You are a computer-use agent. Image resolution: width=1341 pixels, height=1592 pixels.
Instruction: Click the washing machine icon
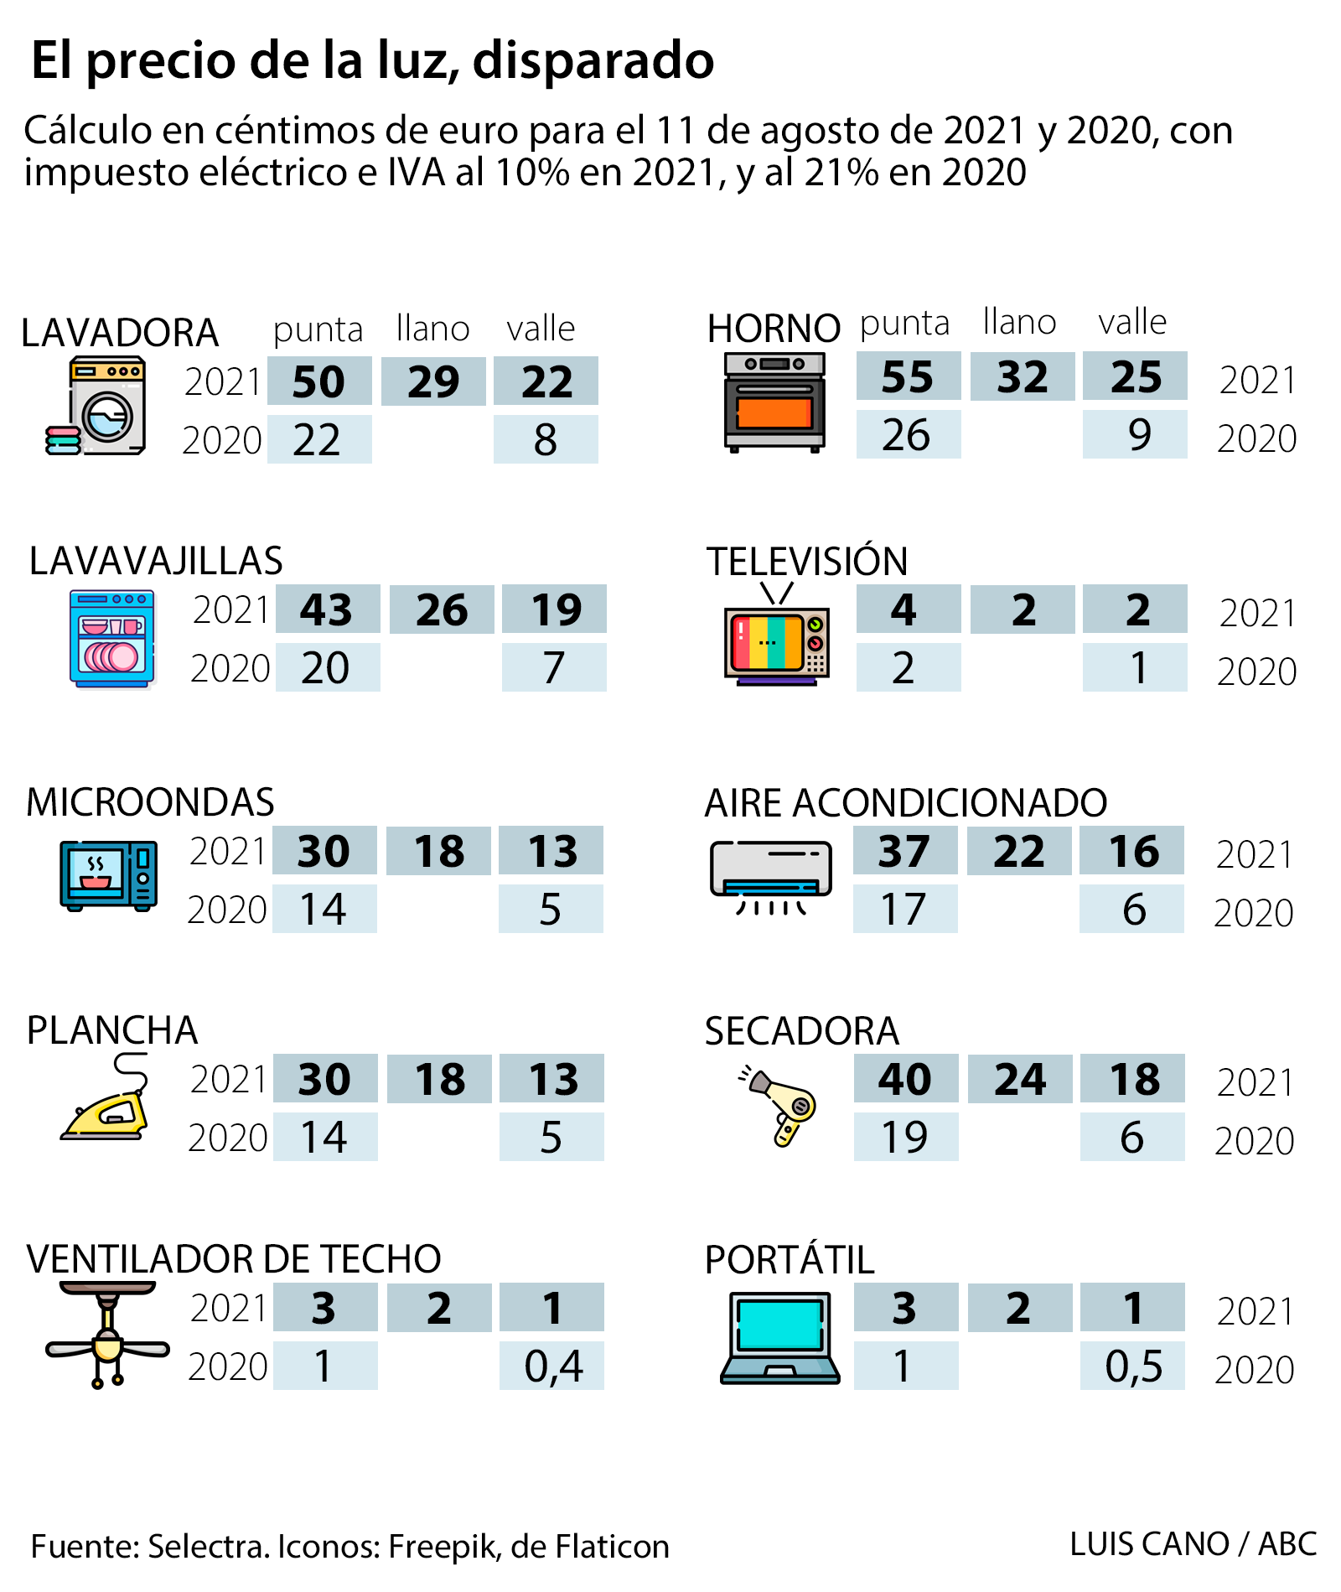coord(99,406)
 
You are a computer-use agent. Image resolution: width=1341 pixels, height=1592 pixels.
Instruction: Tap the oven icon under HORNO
coord(774,402)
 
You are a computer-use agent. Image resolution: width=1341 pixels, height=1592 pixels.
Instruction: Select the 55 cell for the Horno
coord(908,376)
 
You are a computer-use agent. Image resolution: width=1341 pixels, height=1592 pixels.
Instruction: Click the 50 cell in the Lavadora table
coord(319,381)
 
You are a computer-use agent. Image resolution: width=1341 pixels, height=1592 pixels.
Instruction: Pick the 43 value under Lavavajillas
coord(327,609)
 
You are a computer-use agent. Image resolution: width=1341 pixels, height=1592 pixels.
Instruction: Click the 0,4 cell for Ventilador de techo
coord(551,1366)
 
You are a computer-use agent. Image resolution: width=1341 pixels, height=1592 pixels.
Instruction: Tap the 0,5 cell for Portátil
coord(1132,1366)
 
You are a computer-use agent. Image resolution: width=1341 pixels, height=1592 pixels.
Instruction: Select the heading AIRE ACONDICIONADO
coord(905,802)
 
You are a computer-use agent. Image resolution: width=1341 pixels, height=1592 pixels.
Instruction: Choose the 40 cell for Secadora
coord(905,1078)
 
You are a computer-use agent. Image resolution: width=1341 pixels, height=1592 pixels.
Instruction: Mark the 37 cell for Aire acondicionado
coord(904,851)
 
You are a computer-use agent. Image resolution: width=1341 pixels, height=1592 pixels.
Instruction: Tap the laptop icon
coord(779,1338)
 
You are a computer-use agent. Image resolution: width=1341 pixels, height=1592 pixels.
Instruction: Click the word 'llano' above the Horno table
coord(1019,322)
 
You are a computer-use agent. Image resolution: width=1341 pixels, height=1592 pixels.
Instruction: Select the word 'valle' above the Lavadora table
coord(541,329)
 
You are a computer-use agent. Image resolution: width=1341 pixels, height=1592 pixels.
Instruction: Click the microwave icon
coord(109,875)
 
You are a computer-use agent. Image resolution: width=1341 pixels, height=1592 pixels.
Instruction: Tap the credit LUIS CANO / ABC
coord(1193,1543)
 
